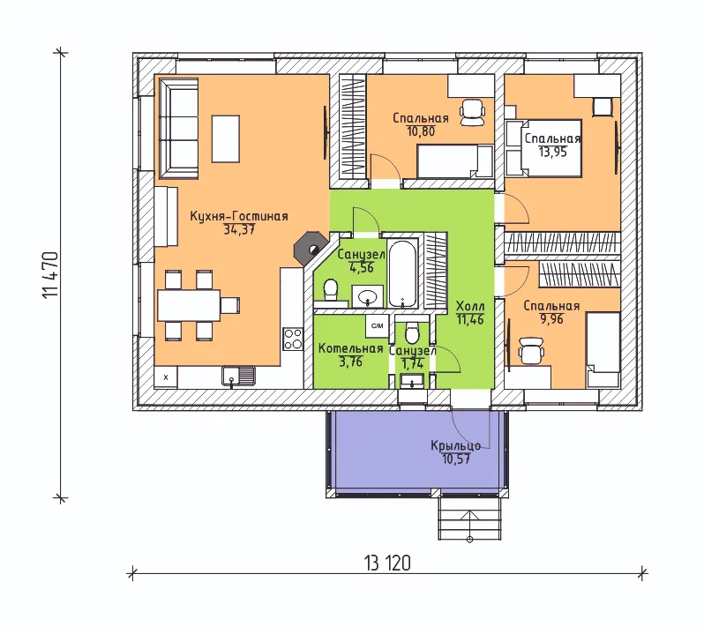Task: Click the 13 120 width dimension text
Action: pyautogui.click(x=387, y=563)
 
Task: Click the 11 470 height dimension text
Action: pyautogui.click(x=50, y=275)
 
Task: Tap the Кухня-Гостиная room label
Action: pyautogui.click(x=239, y=216)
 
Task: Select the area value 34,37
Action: pyautogui.click(x=239, y=230)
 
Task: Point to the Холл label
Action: pyautogui.click(x=470, y=307)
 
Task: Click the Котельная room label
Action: pyautogui.click(x=350, y=348)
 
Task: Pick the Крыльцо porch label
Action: pyautogui.click(x=456, y=445)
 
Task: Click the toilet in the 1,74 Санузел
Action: pyautogui.click(x=412, y=332)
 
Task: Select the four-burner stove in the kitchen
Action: pyautogui.click(x=293, y=339)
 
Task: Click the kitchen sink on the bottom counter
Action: pyautogui.click(x=238, y=376)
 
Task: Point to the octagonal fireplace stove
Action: pyautogui.click(x=309, y=246)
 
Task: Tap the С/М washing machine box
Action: pyautogui.click(x=378, y=326)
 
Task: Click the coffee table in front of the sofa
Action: pyautogui.click(x=225, y=138)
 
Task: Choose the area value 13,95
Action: pyautogui.click(x=552, y=152)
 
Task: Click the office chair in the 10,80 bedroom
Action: pyautogui.click(x=472, y=113)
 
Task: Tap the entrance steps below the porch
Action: pyautogui.click(x=469, y=518)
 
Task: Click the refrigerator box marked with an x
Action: pyautogui.click(x=166, y=377)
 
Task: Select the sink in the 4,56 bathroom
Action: pyautogui.click(x=368, y=296)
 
